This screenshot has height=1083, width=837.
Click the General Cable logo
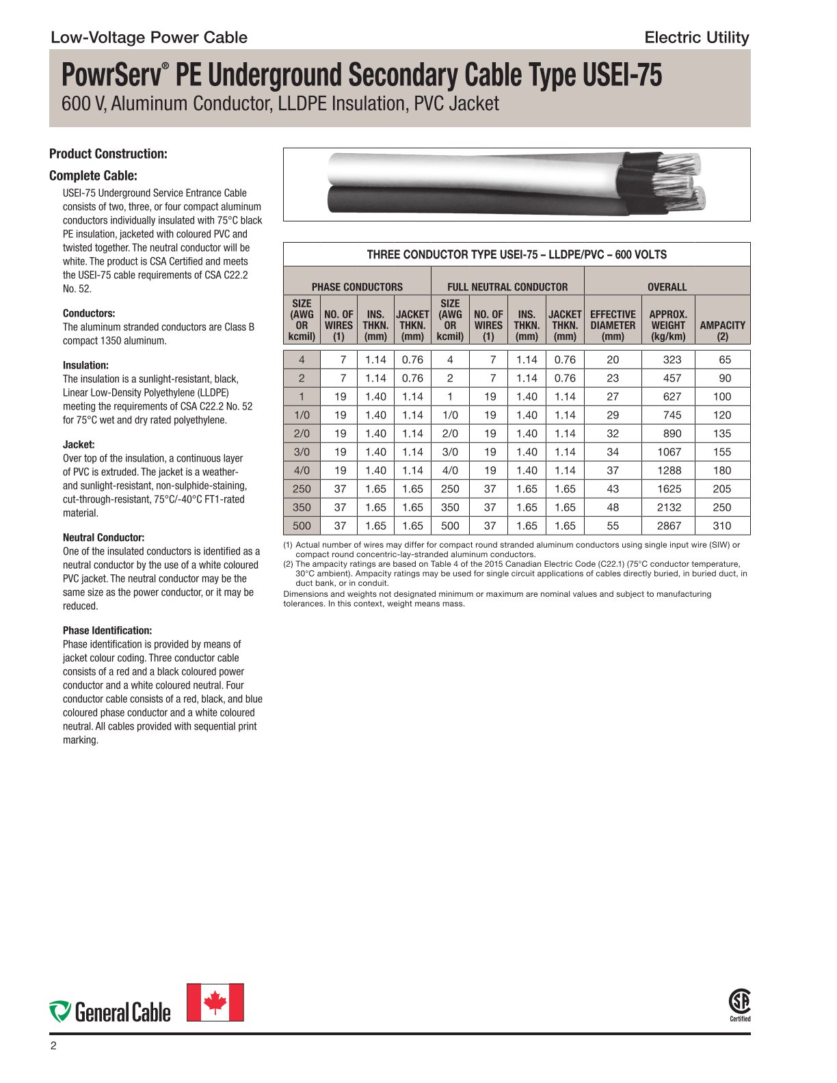(110, 1011)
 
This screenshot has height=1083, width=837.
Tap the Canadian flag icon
(215, 1002)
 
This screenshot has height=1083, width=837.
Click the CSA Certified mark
(739, 1005)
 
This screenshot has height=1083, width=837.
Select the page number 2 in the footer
(53, 1046)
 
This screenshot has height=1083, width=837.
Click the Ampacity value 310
(721, 526)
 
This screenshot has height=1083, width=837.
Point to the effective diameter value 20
(613, 360)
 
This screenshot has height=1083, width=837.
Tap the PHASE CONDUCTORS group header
(357, 287)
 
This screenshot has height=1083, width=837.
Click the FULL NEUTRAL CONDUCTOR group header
(507, 287)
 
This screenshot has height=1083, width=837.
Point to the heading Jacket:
(79, 444)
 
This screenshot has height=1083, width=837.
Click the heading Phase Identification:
(107, 630)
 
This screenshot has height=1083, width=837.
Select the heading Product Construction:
(108, 154)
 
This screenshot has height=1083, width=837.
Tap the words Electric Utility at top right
(696, 38)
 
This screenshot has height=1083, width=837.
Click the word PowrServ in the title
(110, 75)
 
